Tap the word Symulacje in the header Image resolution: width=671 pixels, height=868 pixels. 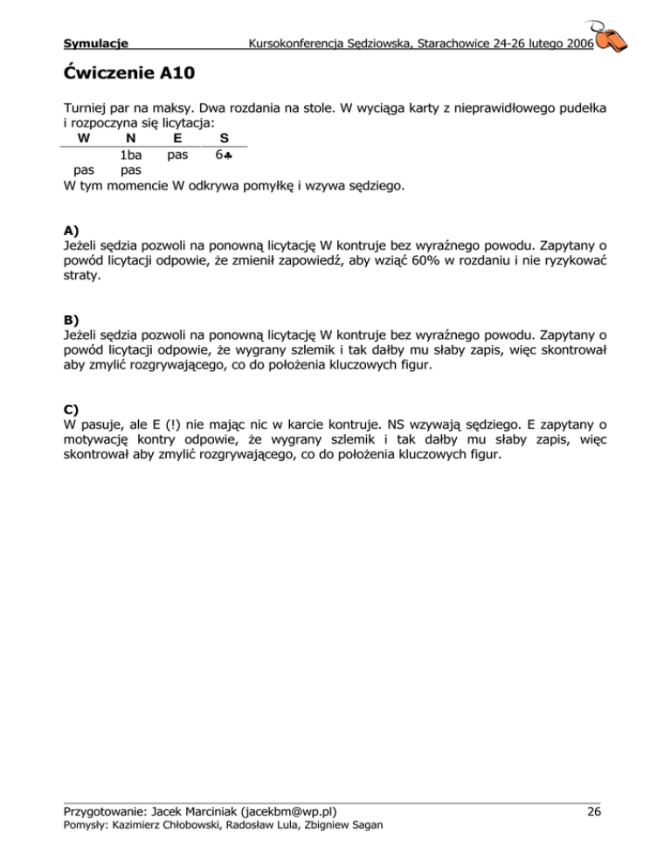point(97,42)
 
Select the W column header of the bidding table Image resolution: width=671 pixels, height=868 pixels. point(81,138)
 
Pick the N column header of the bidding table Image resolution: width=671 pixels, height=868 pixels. point(129,138)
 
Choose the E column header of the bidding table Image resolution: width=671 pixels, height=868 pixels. point(177,138)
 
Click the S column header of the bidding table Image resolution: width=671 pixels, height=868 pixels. point(225,138)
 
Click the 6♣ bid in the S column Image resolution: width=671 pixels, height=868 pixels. point(225,155)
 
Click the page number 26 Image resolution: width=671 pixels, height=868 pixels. point(594,812)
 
